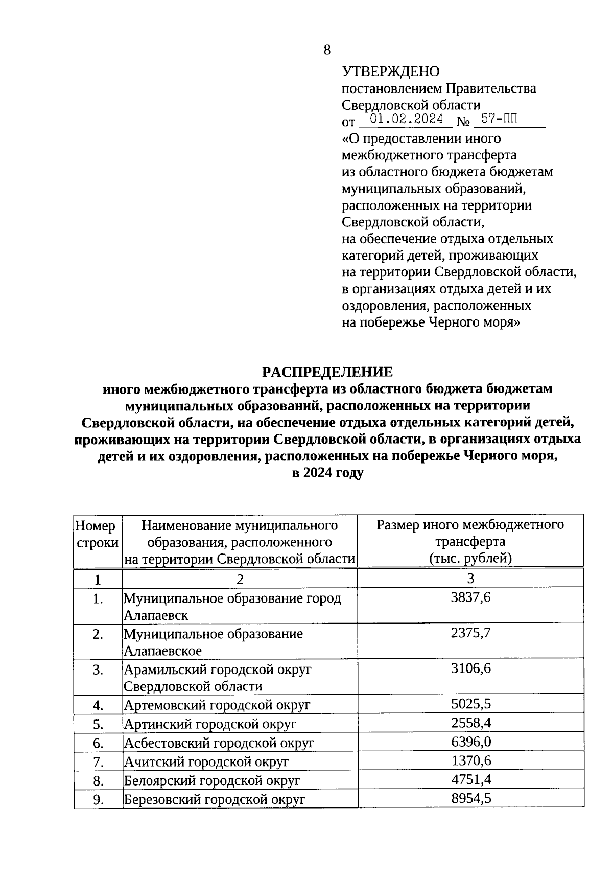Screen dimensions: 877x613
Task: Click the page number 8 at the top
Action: (x=327, y=50)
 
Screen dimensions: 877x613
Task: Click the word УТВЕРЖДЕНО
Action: (x=390, y=72)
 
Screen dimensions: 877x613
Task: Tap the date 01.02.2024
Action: (x=406, y=120)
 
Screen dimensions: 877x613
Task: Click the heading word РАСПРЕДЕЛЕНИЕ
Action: (x=327, y=372)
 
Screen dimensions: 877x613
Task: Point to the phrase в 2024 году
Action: (x=327, y=473)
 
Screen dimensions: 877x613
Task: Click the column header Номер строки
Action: (x=97, y=534)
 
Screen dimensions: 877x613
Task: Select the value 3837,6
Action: (x=470, y=597)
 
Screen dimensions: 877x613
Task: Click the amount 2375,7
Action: (x=470, y=633)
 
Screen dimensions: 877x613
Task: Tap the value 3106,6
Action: (x=470, y=668)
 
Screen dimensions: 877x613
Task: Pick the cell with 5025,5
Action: (x=470, y=704)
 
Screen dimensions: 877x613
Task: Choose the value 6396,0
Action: (x=470, y=742)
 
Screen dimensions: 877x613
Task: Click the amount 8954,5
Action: (x=470, y=798)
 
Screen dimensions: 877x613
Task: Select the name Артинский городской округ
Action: (x=210, y=724)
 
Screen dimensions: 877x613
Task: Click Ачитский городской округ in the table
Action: (x=206, y=762)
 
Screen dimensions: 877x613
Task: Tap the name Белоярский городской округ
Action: (x=212, y=781)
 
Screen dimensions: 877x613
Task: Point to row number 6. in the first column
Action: (x=98, y=743)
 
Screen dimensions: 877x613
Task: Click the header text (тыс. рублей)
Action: (x=470, y=558)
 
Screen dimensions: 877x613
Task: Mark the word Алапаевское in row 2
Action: (x=162, y=651)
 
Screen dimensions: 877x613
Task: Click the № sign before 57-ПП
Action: (x=463, y=122)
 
